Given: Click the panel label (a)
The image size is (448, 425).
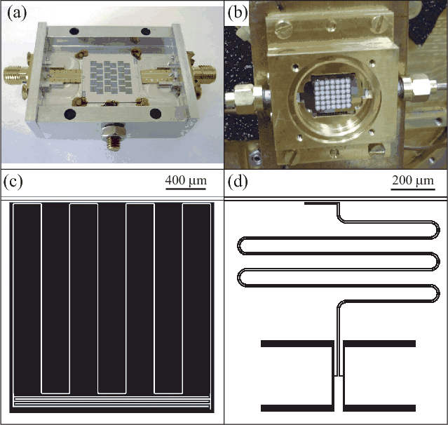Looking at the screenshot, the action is [17, 13].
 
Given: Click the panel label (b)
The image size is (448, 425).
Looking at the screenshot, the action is [238, 13].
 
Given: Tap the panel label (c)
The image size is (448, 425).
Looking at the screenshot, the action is [13, 181].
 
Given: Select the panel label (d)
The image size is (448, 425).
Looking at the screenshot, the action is [238, 181].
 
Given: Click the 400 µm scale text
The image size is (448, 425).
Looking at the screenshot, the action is [186, 180].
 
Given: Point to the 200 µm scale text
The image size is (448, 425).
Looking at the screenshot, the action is [413, 180].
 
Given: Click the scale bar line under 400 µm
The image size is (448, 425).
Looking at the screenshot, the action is [186, 189].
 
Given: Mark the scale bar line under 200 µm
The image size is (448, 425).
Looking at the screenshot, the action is [413, 189].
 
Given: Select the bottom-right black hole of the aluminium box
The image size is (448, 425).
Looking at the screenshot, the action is [156, 114].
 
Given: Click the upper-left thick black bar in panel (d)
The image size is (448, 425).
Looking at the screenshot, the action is [297, 344].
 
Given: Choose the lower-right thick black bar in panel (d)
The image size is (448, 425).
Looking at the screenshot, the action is [379, 408].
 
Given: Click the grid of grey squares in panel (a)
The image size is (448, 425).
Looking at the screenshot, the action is [111, 77].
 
